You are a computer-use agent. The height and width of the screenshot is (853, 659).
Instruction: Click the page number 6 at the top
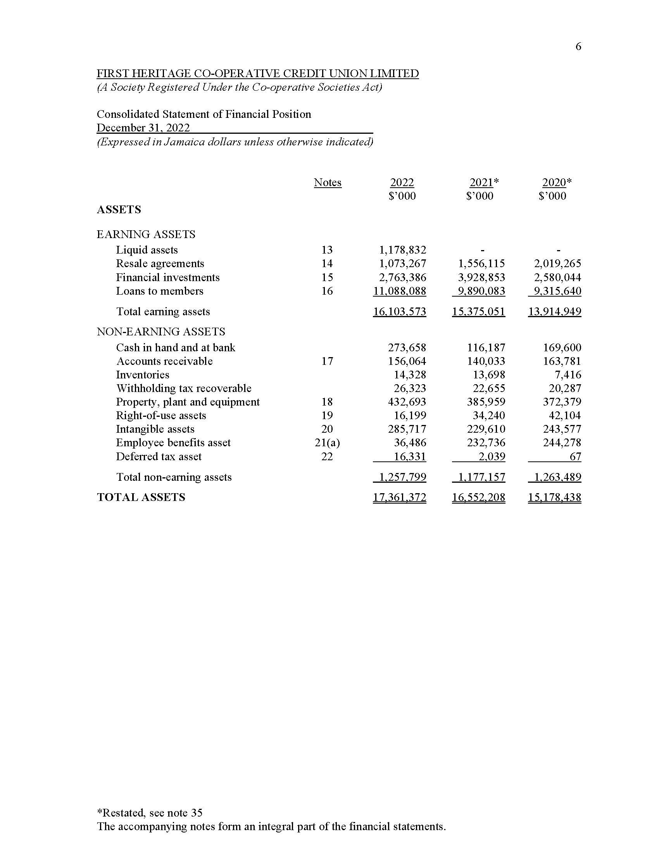578,47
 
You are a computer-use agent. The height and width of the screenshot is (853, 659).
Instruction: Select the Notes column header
328,182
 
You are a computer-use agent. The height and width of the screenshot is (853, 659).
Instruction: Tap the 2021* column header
484,182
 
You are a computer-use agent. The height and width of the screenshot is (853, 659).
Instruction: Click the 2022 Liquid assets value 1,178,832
402,250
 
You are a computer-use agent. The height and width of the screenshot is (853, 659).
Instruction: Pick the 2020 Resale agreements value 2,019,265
557,263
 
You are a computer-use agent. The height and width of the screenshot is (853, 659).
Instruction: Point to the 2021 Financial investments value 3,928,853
481,277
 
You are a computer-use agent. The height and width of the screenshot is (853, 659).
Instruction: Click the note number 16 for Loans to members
327,291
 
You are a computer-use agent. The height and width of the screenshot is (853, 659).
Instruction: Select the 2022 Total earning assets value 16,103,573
399,311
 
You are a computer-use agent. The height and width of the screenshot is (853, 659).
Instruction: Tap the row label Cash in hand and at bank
176,347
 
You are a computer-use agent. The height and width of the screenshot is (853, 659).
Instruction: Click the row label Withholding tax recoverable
184,388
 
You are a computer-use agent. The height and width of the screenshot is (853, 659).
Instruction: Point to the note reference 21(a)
327,442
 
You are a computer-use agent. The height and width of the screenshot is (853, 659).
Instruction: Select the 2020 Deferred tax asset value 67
575,456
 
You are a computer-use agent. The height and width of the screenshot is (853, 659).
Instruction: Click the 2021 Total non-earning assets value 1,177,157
481,477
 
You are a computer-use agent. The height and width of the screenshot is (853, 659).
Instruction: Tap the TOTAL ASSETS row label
141,497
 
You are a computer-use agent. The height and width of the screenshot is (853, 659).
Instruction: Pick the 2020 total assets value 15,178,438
554,497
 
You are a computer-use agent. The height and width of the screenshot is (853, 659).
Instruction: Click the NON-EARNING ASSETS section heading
161,332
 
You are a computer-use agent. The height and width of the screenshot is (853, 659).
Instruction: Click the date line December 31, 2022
143,128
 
